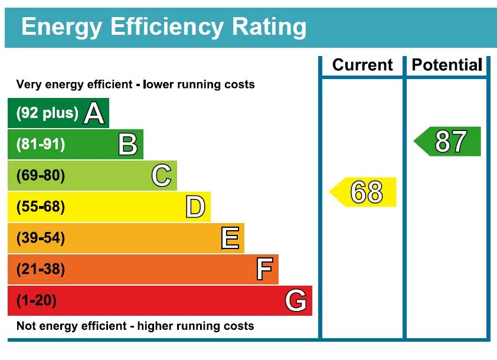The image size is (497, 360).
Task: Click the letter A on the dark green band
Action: (x=94, y=113)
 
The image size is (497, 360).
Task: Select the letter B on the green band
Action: (x=127, y=144)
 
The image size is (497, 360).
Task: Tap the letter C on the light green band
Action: (x=161, y=175)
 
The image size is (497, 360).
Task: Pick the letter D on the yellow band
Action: (x=195, y=207)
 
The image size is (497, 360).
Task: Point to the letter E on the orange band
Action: (x=230, y=238)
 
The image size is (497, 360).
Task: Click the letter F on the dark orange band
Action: (x=264, y=269)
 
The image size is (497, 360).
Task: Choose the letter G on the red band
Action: (x=296, y=301)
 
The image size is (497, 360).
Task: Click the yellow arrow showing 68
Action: (x=364, y=192)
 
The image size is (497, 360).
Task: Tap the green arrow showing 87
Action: (x=448, y=142)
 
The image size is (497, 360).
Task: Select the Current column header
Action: (x=362, y=65)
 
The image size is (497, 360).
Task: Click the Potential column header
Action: (x=447, y=65)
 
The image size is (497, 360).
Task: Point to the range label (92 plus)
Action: (x=47, y=113)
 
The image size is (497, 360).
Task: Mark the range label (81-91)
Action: (x=41, y=144)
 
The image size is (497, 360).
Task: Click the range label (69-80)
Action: (x=41, y=175)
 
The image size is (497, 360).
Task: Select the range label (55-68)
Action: (x=41, y=207)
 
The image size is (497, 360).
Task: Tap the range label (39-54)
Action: (x=41, y=238)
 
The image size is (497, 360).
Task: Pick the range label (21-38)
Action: (x=41, y=269)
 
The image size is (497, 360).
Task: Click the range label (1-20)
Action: (x=37, y=301)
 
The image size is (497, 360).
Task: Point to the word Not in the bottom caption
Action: (x=25, y=326)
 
